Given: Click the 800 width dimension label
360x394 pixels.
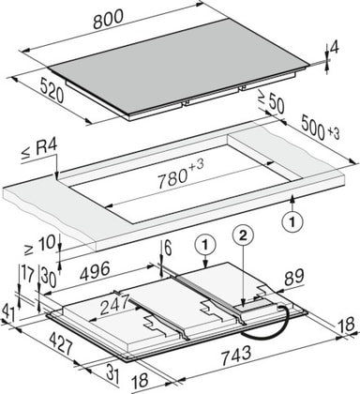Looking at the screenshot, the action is click(108, 19).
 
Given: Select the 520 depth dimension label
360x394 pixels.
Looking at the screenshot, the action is click(52, 91).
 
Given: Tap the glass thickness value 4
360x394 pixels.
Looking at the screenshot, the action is click(335, 50).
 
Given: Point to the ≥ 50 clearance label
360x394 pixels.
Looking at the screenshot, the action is click(271, 102).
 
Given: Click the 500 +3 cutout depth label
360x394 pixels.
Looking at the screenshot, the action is click(320, 129).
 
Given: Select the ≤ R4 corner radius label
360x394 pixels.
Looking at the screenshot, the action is click(39, 150).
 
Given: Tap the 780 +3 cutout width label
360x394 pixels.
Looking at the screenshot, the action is click(181, 175).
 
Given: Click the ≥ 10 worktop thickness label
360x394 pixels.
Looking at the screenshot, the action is click(40, 246).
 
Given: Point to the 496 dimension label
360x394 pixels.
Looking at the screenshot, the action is click(95, 270).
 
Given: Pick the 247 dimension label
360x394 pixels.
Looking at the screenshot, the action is click(114, 305).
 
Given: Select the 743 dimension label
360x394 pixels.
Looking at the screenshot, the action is click(236, 356).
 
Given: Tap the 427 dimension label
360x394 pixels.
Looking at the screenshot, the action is click(61, 343).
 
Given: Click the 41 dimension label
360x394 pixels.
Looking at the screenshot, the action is click(8, 314).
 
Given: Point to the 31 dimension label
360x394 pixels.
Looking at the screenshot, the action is click(112, 373).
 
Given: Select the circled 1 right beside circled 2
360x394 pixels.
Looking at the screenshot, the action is click(205, 245).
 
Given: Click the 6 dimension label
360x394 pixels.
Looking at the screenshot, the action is click(168, 249).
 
